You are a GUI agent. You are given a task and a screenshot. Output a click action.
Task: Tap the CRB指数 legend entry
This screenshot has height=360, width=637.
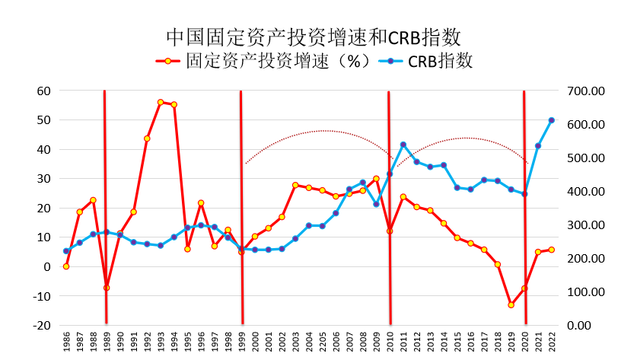pos(430,61)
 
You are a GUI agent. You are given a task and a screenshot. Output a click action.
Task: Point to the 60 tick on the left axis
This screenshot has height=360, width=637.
pos(43,91)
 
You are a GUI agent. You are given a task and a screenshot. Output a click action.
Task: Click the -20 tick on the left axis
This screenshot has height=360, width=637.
pos(42,325)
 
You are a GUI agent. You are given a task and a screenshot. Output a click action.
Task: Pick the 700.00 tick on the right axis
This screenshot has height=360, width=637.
pos(587,91)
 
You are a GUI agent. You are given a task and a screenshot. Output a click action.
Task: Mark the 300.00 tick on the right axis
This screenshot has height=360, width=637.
pos(587,225)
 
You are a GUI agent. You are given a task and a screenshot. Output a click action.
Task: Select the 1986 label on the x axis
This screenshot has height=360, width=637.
pos(67,340)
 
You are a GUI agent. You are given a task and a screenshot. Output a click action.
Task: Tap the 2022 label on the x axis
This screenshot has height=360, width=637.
pos(552,340)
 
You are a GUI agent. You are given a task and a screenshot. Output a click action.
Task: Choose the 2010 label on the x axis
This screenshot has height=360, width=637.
pos(390,340)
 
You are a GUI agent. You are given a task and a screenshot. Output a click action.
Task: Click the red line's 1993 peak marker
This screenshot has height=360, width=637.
pos(161,102)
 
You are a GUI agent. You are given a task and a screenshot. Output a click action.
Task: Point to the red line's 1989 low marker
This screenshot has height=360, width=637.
pos(107,288)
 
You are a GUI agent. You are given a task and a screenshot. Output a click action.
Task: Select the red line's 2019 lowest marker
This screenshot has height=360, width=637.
pos(511,304)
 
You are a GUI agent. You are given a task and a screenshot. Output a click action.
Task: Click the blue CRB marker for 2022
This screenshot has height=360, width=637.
pos(551,120)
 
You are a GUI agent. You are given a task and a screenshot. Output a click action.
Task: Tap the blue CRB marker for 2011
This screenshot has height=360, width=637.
pos(403,145)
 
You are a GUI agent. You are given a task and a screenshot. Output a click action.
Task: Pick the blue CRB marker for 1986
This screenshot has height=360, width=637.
pos(66,251)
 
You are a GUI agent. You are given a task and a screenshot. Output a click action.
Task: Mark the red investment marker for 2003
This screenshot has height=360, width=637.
pos(295,185)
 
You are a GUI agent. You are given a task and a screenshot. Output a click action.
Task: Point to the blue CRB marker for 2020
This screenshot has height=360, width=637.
pos(524,194)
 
